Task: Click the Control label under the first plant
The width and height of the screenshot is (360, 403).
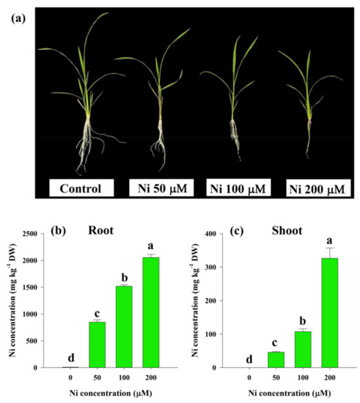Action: click(x=81, y=187)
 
